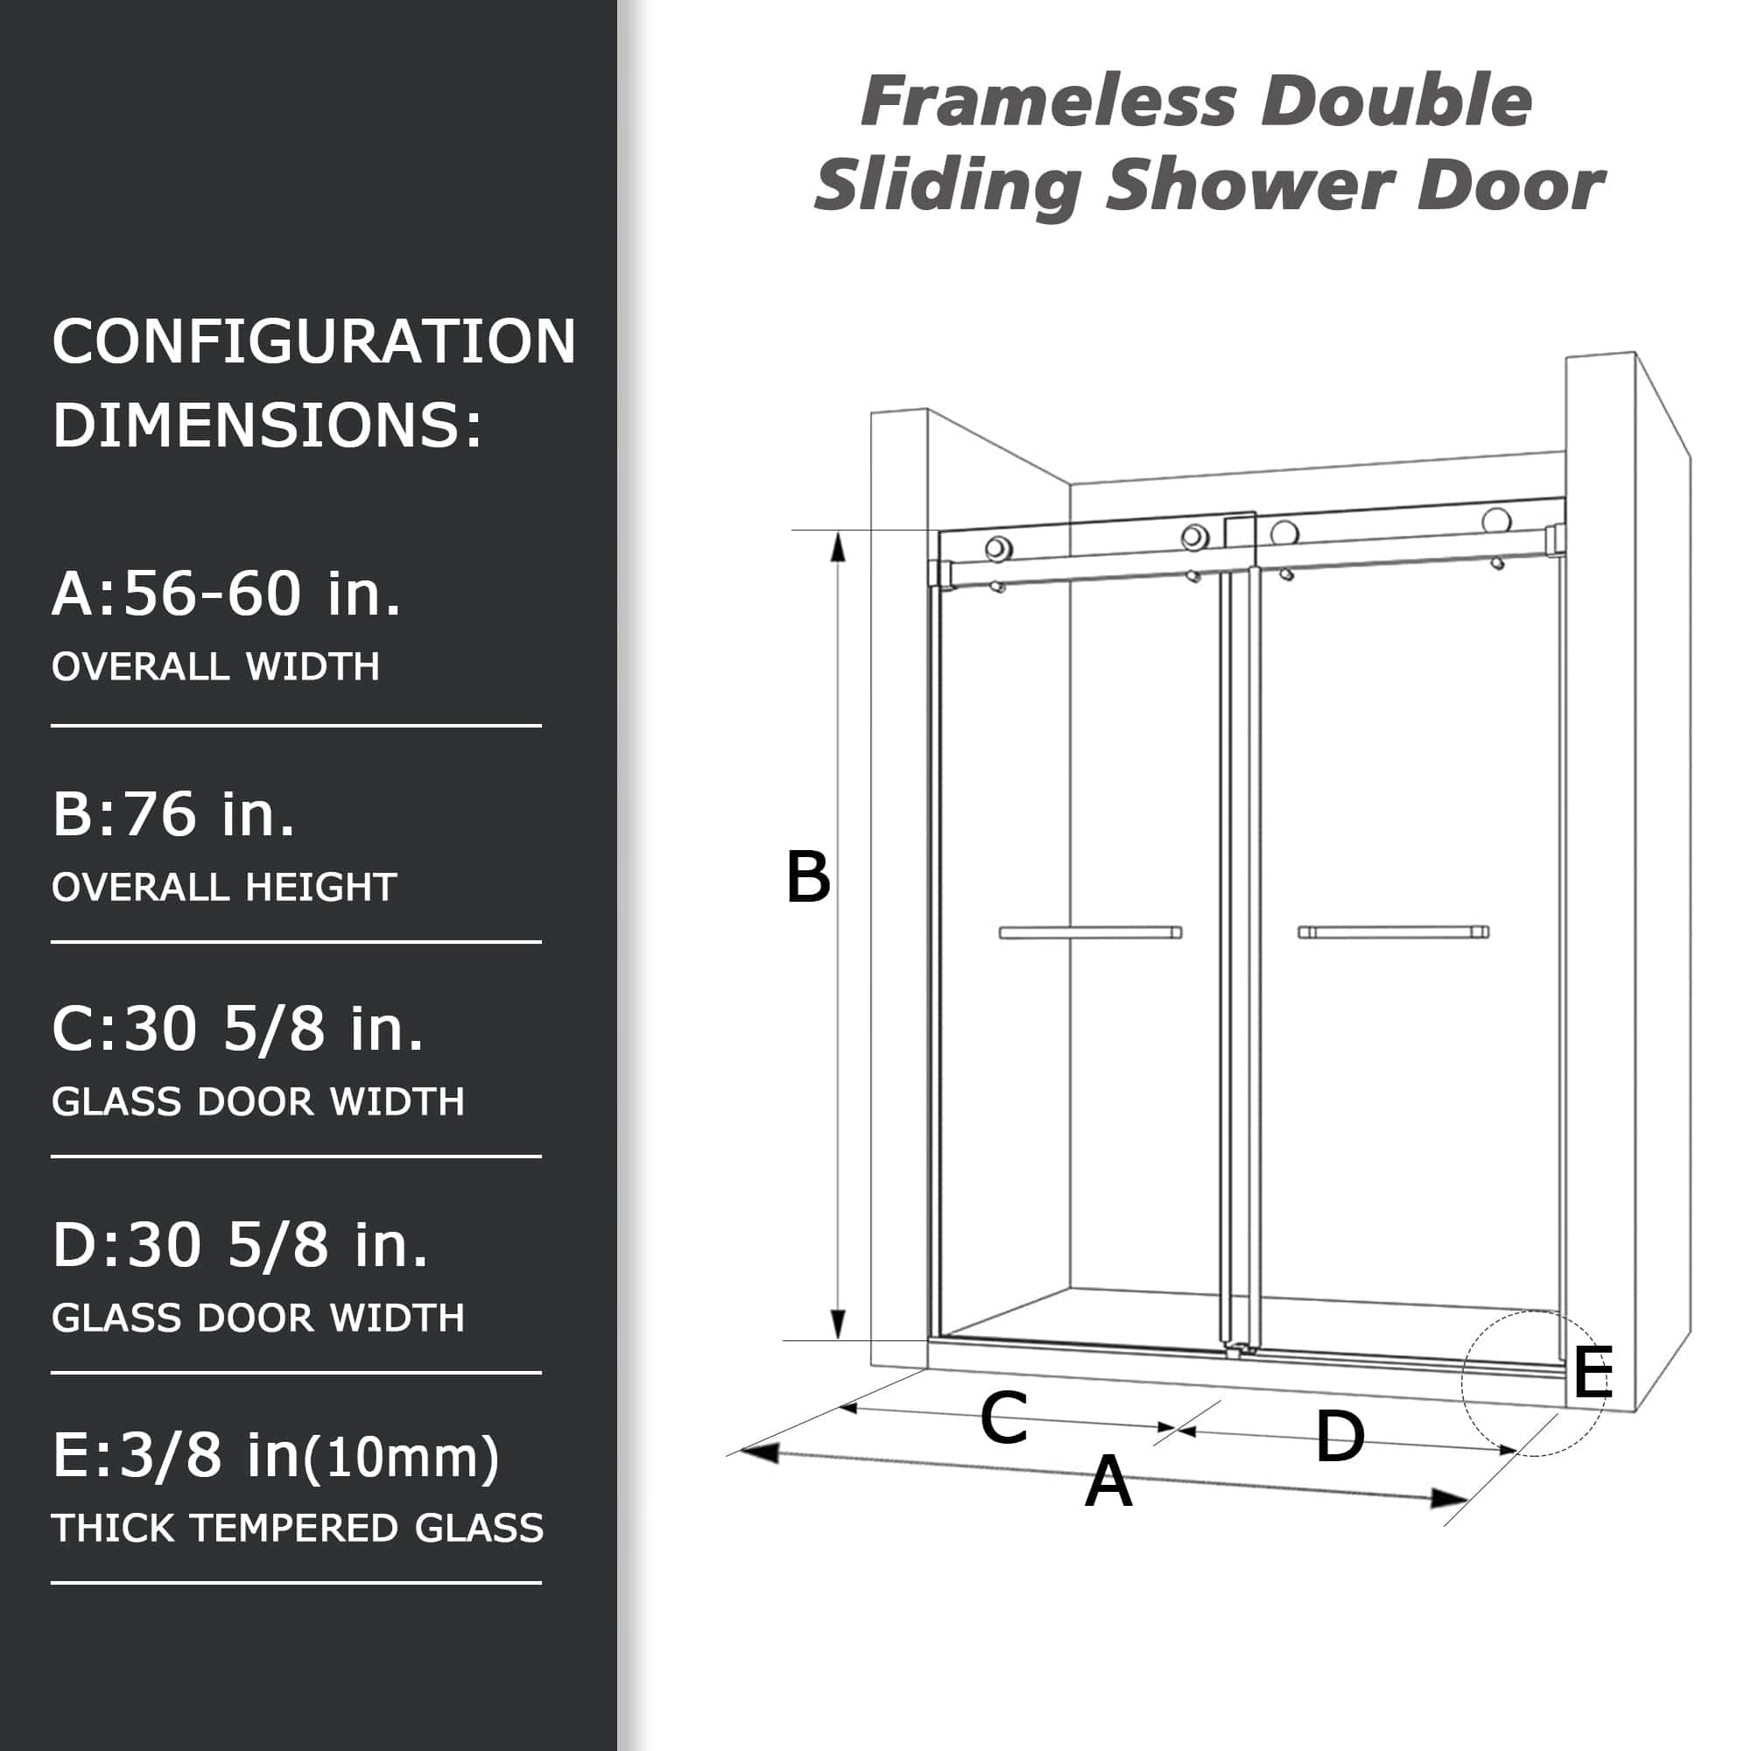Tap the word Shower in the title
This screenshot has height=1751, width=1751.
coord(1250,186)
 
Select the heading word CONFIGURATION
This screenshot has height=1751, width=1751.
coord(313,341)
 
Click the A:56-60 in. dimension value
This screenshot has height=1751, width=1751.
coord(226,594)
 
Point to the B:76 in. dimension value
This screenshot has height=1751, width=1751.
coord(174,814)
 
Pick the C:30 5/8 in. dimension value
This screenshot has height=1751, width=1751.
coord(237,1029)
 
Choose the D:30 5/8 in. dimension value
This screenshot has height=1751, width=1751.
coord(240,1244)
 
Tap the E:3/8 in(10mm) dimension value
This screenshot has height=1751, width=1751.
coord(276,1457)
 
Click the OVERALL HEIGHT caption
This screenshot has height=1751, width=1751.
coord(224,887)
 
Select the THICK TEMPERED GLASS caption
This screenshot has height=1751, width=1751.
coord(298,1528)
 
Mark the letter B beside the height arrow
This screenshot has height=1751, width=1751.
coord(807,877)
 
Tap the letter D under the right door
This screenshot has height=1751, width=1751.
coord(1340,1437)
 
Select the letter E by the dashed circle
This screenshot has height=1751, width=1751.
coord(1593,1374)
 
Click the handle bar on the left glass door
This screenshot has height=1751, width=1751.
coord(1090,932)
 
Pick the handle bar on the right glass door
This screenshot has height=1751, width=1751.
coord(1393,932)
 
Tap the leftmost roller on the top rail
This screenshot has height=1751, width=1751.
coord(999,547)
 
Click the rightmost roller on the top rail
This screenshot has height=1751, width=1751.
coord(1496,520)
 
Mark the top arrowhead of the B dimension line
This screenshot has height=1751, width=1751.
coord(839,546)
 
